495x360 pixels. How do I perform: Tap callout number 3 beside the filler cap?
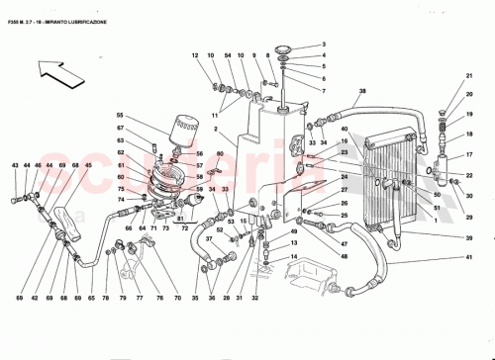pyautogui.click(x=323, y=45)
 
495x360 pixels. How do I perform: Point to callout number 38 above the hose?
pyautogui.click(x=362, y=91)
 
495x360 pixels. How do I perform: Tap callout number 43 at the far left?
pyautogui.click(x=15, y=165)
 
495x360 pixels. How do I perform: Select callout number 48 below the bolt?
pyautogui.click(x=344, y=257)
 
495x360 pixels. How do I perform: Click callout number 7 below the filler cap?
pyautogui.click(x=323, y=90)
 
